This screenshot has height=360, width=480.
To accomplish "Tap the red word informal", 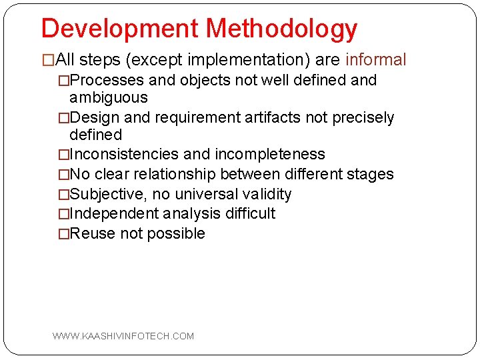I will [375, 60].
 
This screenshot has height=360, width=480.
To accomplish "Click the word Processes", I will [107, 81].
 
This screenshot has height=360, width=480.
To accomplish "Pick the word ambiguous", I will [108, 98].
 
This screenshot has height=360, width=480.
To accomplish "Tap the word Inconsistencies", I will [124, 155].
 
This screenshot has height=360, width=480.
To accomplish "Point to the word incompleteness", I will [269, 155].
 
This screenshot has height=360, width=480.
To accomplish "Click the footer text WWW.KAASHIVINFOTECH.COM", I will [123, 336].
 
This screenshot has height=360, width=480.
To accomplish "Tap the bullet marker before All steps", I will [49, 61].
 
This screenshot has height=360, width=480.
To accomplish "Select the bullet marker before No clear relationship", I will [63, 175].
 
